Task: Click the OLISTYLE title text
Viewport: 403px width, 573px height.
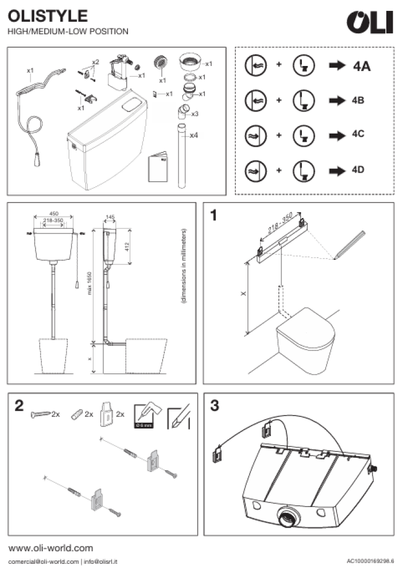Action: pos(48,16)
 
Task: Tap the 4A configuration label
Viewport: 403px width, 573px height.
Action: pos(362,66)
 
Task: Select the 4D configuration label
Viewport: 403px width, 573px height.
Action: pos(358,170)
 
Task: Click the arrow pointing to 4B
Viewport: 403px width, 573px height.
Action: pos(337,100)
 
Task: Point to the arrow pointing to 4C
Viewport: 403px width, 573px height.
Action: pos(337,135)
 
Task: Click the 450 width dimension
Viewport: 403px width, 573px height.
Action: pos(54,213)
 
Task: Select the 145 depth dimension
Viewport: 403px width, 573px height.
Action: pos(110,217)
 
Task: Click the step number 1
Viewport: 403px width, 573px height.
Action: pos(214,215)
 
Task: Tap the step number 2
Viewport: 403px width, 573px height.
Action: pos(19,406)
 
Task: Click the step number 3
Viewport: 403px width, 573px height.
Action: pos(215,406)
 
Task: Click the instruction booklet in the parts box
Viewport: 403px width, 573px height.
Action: pos(158,167)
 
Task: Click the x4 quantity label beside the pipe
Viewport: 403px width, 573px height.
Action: pos(194,135)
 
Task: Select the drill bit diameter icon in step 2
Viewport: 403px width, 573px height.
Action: pos(144,416)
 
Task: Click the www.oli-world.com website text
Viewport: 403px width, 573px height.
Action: pos(51,548)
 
